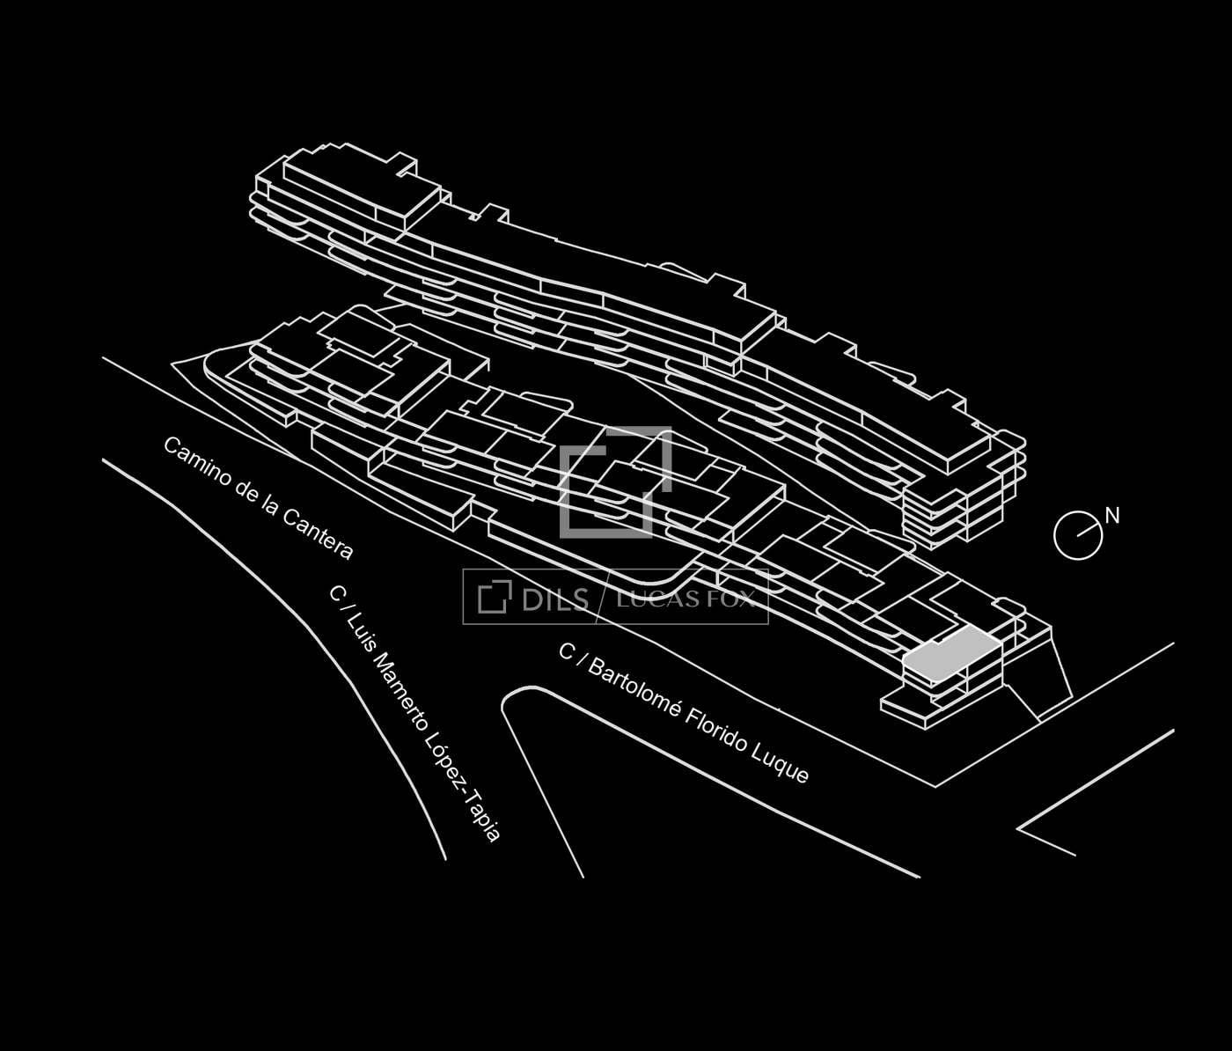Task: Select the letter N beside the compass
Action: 1112,517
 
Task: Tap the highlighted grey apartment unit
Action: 952,653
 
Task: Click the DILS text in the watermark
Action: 555,599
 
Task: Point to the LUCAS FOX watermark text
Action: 686,599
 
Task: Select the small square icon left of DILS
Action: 495,597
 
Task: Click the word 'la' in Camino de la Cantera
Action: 268,504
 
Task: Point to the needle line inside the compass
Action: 1089,529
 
